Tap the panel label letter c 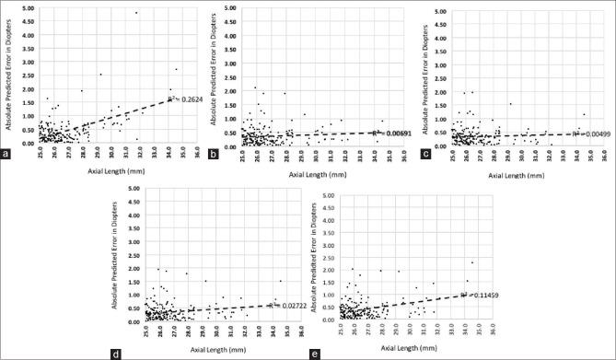point(420,167)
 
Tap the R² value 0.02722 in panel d point(285,304)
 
